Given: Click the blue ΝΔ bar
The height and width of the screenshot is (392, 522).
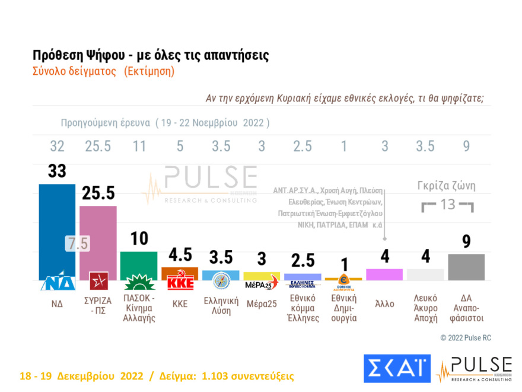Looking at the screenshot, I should tap(57, 226).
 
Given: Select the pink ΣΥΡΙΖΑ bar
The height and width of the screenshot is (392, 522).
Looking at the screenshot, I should tap(98, 238).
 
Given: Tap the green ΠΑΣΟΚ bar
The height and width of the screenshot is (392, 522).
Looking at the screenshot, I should tap(139, 261).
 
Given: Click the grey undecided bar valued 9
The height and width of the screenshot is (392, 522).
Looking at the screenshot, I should tap(466, 267).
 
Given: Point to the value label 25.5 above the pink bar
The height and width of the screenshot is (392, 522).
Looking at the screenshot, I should tap(98, 194).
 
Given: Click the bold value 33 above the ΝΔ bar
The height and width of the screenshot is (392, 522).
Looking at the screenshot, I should tap(57, 172).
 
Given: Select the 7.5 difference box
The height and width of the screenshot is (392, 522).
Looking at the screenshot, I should tap(77, 244).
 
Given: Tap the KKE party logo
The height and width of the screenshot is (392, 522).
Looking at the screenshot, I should tap(180, 281).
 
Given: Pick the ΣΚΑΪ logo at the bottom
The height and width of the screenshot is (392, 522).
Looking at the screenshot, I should tap(396, 368).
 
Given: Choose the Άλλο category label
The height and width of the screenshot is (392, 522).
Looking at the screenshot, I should tap(384, 304).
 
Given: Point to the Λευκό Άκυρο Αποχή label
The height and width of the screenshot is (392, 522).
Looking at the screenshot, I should tap(425, 308).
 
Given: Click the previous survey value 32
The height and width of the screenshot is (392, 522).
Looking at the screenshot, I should tap(57, 147).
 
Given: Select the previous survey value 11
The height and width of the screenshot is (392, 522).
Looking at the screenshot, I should tap(139, 147).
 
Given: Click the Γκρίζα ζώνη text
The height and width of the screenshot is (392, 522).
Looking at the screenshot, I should tap(447, 186).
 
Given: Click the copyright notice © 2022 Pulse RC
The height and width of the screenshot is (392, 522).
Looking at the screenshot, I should tap(466, 338).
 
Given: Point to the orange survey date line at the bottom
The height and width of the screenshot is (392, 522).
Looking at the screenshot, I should tap(157, 377).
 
